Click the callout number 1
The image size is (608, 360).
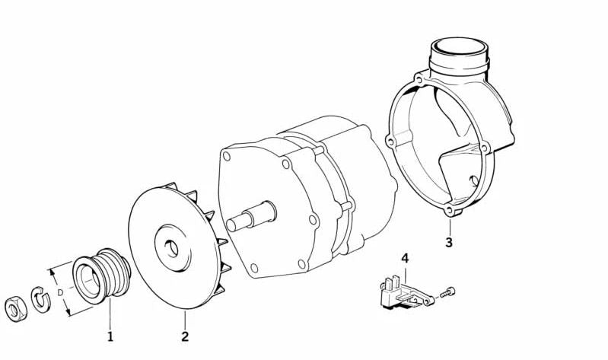[110, 335]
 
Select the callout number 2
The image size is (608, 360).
[185, 336]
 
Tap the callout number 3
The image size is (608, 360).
[449, 243]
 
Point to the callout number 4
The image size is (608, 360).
[405, 259]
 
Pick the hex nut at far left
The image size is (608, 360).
[15, 307]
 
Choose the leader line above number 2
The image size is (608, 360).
[185, 320]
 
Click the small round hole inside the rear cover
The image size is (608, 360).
[473, 180]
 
